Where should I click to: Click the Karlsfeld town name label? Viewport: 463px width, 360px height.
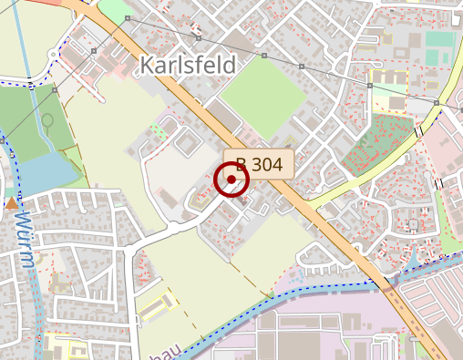[x=187, y=65]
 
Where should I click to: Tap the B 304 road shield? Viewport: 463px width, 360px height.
[x=259, y=164]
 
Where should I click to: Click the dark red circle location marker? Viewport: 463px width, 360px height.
[x=231, y=180]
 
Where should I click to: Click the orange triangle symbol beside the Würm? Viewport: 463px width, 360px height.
[x=12, y=204]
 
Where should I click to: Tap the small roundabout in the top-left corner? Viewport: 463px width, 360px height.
[x=56, y=56]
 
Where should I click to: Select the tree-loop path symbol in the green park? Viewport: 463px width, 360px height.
[x=47, y=119]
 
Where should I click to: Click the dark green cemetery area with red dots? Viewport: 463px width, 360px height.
[x=378, y=145]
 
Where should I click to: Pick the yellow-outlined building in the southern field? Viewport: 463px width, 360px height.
[x=154, y=311]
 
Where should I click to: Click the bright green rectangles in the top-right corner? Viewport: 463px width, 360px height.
[x=439, y=38]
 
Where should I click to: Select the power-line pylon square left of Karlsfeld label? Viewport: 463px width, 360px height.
[x=128, y=18]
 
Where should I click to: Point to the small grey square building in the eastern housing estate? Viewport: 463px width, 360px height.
[x=413, y=224]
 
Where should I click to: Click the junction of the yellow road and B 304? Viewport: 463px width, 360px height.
[x=310, y=206]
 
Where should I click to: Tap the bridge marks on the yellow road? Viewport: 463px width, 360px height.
[x=418, y=133]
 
